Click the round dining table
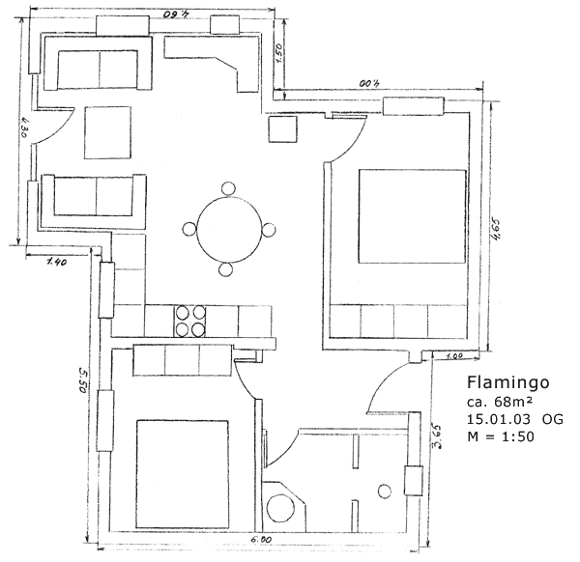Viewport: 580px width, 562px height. [x=229, y=230]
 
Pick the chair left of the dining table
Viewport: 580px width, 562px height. [x=189, y=230]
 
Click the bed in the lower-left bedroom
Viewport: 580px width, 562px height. [x=181, y=473]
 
